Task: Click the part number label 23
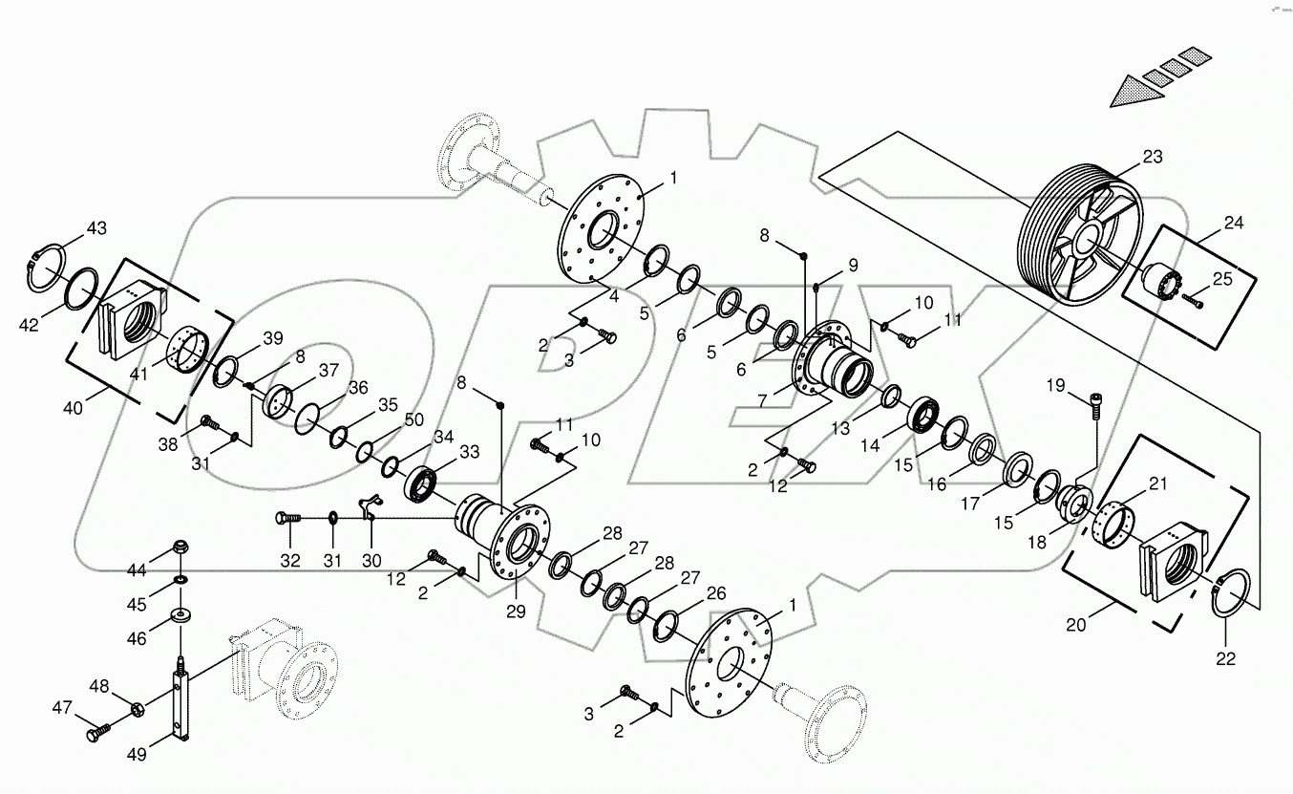coord(1153,158)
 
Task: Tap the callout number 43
coord(96,228)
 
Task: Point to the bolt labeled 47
coord(96,734)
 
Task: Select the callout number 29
coord(516,612)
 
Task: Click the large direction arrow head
coord(1134,93)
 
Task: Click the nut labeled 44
coord(180,548)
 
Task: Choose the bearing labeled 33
coord(422,483)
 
